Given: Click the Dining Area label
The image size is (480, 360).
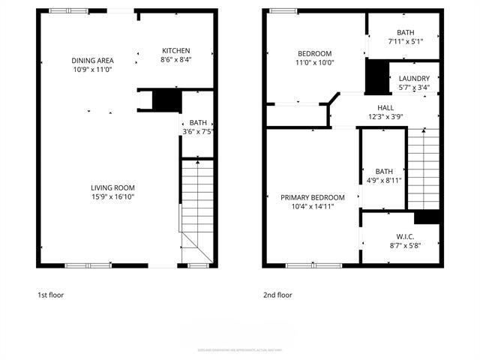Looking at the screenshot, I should (92, 61).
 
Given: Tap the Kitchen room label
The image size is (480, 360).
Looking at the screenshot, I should (176, 51).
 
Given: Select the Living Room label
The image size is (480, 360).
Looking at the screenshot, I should (112, 187).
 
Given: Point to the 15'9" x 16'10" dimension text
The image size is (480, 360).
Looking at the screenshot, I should (112, 196).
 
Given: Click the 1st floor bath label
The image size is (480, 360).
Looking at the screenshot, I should (198, 122).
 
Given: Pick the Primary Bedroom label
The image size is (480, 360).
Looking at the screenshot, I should (313, 197).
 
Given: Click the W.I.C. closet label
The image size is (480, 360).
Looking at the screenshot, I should (406, 236).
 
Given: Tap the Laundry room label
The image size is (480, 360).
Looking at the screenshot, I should (414, 79).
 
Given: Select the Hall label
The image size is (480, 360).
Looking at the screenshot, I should (385, 107).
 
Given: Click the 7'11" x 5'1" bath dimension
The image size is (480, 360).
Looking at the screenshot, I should (406, 42).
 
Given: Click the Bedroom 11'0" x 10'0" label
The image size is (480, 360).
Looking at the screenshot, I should (315, 53).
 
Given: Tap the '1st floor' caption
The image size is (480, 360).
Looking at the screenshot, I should (51, 295).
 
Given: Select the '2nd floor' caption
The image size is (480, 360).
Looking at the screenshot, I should (277, 295).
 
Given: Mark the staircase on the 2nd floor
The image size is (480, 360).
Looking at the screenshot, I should (422, 169).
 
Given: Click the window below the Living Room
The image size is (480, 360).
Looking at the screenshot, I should (88, 265).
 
